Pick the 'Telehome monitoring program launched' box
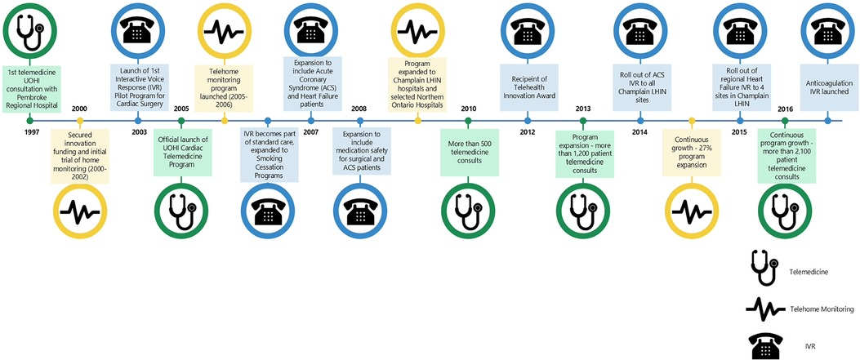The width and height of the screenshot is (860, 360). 225,80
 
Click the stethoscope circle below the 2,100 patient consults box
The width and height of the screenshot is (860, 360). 784,212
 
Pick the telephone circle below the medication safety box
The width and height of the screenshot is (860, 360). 358,212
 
